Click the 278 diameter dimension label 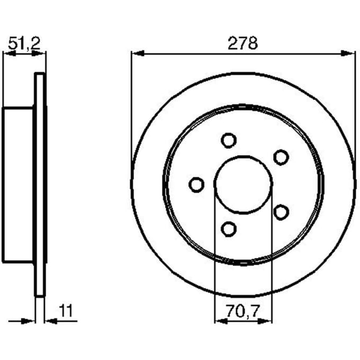click(242, 43)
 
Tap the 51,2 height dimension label click(24, 43)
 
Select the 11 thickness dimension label click(66, 311)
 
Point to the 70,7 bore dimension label click(242, 311)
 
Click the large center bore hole click(244, 185)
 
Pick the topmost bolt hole click(229, 140)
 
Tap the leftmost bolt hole click(196, 185)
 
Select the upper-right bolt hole click(281, 157)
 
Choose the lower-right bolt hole click(281, 212)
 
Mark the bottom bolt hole click(229, 229)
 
